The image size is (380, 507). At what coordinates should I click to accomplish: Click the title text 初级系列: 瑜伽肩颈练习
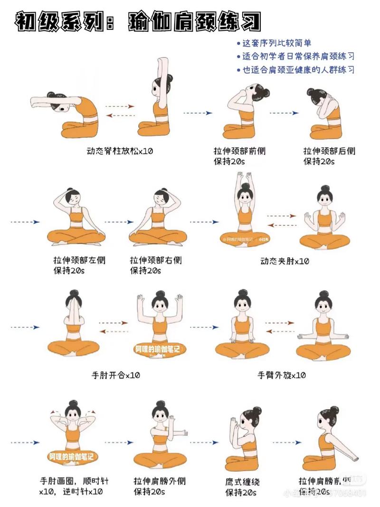pos(138,21)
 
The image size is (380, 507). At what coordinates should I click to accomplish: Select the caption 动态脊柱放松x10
pos(120,151)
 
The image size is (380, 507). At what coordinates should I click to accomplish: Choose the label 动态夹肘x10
pos(285,261)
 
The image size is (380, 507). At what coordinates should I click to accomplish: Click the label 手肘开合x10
pos(116,375)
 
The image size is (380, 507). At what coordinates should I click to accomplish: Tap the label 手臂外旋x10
pos(282,375)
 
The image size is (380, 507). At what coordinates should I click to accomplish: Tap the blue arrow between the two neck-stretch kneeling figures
pos(284,113)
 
